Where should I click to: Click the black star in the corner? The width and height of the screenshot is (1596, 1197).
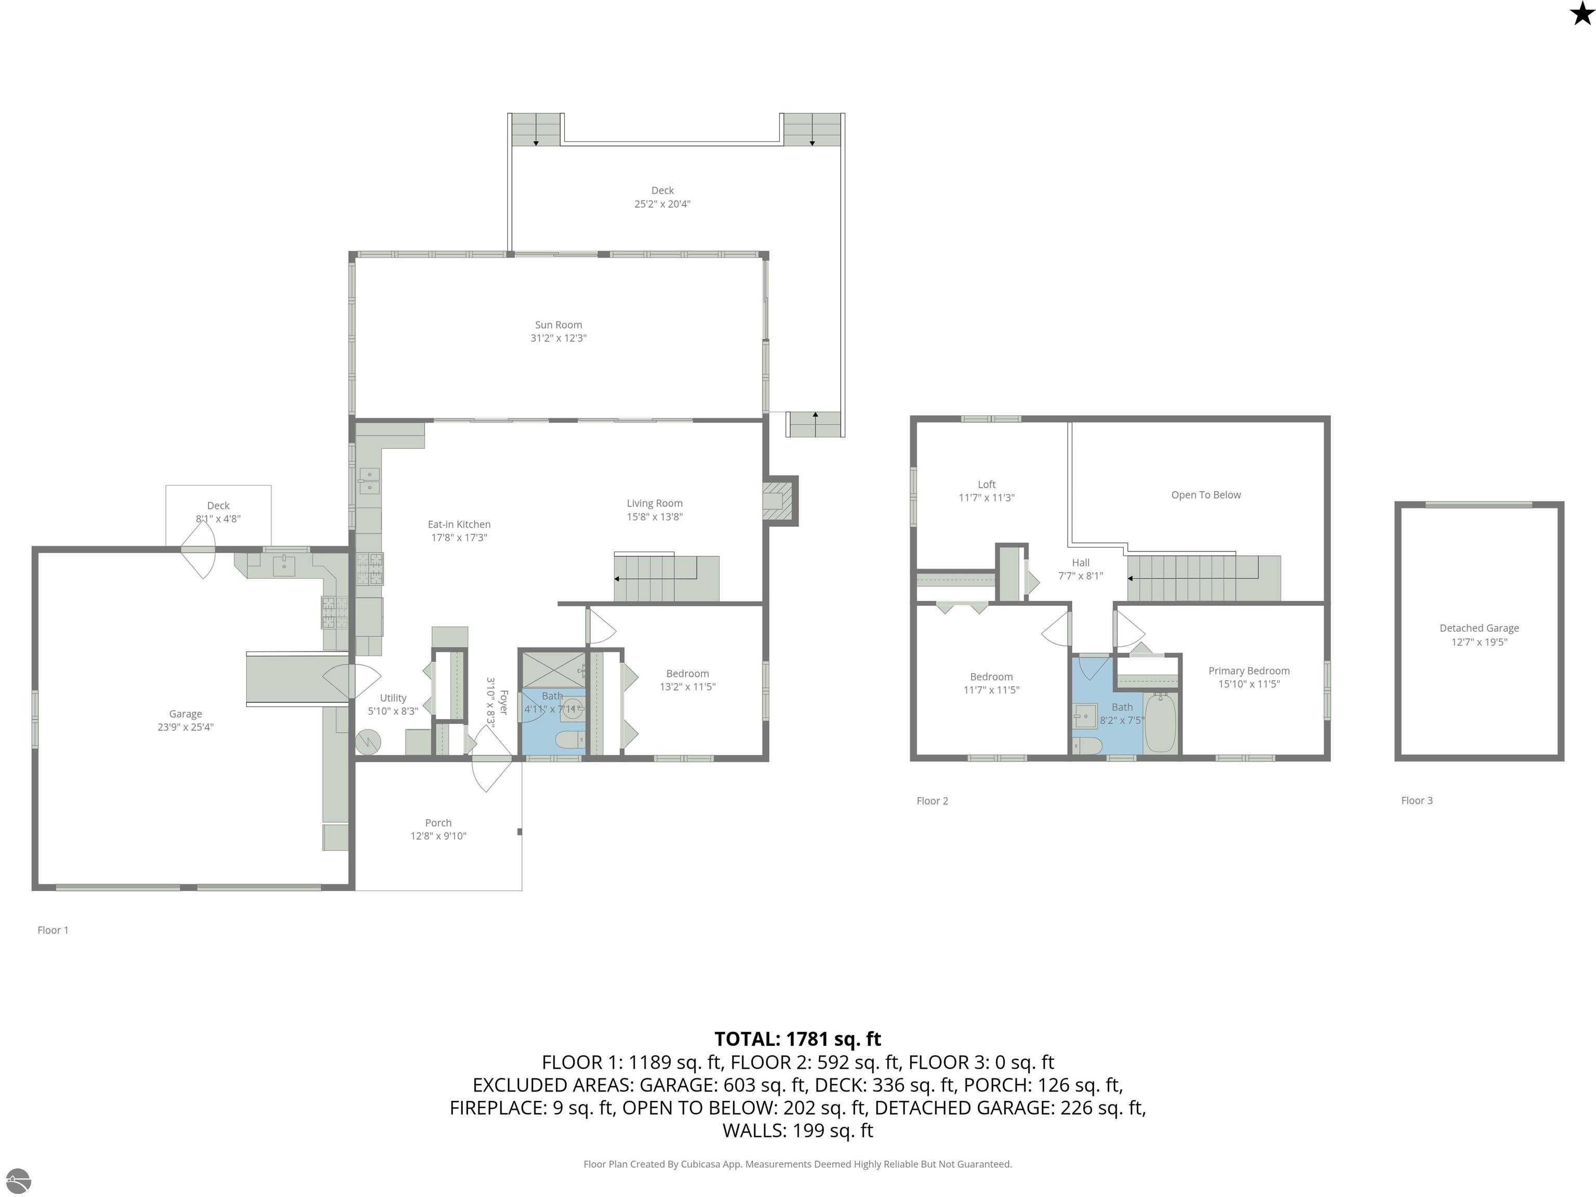(x=1581, y=14)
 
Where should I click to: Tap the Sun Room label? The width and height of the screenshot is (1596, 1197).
(x=558, y=331)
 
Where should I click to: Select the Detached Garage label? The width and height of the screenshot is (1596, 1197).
(x=1479, y=635)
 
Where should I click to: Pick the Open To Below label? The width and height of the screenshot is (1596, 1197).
(x=1206, y=495)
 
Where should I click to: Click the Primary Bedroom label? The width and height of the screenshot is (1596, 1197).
(x=1249, y=677)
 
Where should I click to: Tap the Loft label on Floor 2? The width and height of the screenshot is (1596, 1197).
(x=986, y=490)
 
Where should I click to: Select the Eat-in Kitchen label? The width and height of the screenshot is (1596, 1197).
(x=459, y=531)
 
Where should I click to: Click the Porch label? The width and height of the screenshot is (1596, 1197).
(x=438, y=829)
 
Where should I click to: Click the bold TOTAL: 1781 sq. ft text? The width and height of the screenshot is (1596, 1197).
(x=797, y=1039)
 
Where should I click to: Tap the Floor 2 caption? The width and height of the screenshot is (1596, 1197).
(x=932, y=801)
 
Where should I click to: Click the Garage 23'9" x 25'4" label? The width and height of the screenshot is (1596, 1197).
(x=185, y=720)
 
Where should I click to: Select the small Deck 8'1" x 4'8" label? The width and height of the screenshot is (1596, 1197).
(x=218, y=512)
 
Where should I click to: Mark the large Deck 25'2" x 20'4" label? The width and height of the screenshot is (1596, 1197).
(x=662, y=197)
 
